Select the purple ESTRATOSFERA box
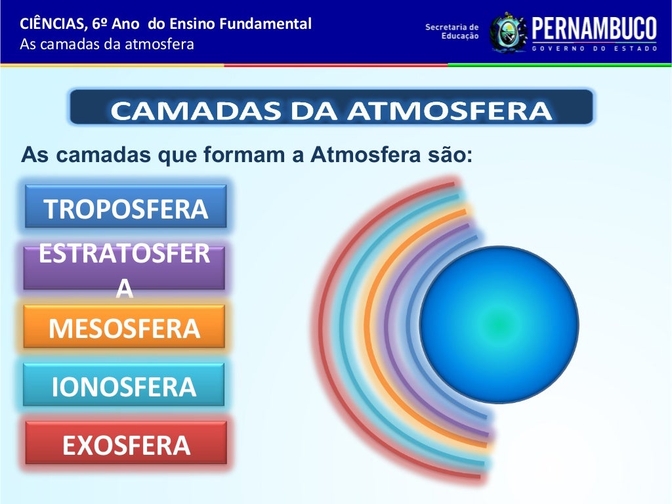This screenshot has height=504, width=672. [x=124, y=267]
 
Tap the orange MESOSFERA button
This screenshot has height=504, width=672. [x=124, y=327]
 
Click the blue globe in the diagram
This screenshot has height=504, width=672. [x=499, y=324]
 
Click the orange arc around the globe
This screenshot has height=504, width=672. [x=369, y=328]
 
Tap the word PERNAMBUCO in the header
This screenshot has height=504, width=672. [x=593, y=29]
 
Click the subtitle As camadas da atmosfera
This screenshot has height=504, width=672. [x=107, y=45]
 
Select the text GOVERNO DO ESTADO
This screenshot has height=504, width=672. [x=593, y=49]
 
